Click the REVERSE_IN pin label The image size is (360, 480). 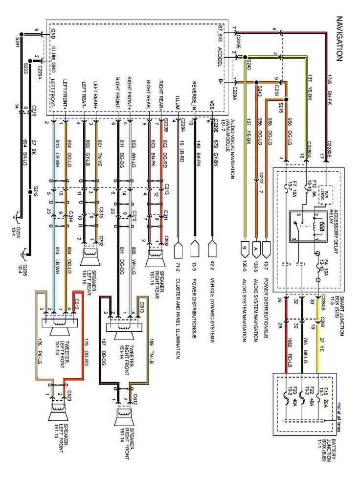(195, 95)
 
